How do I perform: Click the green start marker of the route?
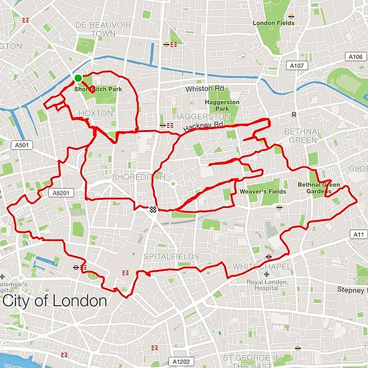(x=78, y=78)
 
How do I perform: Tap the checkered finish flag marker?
(x=152, y=209)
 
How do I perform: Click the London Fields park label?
(x=273, y=23)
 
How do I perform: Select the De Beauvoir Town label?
(x=95, y=29)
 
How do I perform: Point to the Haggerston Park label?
(x=222, y=105)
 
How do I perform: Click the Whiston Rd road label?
(x=205, y=89)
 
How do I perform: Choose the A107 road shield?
(x=297, y=66)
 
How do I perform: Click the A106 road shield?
(x=355, y=57)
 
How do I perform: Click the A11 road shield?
(x=358, y=234)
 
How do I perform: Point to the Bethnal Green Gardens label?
(x=319, y=188)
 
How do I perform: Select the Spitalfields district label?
(x=171, y=257)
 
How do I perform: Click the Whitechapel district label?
(x=261, y=267)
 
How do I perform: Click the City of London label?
(x=55, y=301)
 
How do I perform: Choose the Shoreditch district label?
(x=131, y=177)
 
